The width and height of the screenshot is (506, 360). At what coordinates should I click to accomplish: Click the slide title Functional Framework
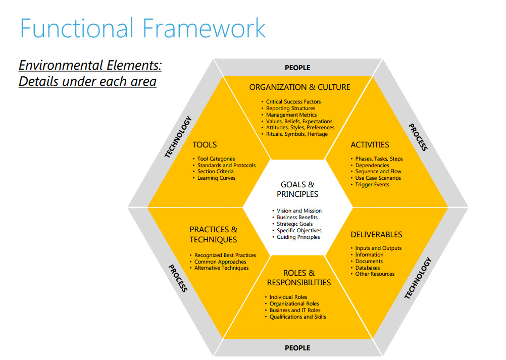point(142,28)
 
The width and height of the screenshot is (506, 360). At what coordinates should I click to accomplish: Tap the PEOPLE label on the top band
point(297,68)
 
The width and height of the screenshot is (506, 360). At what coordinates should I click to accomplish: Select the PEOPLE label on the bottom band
point(297,348)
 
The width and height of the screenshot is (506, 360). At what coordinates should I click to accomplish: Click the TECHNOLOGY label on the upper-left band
point(178,137)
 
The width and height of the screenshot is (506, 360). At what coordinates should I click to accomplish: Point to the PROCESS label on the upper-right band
point(418,137)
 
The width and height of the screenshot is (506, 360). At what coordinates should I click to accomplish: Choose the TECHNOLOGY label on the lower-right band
point(418,278)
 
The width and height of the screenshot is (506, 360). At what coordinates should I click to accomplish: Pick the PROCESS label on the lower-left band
point(178,278)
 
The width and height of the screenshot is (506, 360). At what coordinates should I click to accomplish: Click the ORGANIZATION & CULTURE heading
point(300,87)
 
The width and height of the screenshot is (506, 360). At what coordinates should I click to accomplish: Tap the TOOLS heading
point(205,145)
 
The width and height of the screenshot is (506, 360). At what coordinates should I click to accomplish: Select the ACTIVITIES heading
point(370,145)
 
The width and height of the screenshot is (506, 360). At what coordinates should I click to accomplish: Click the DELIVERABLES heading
point(376,234)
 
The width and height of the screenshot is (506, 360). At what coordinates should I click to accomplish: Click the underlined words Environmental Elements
point(90,65)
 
